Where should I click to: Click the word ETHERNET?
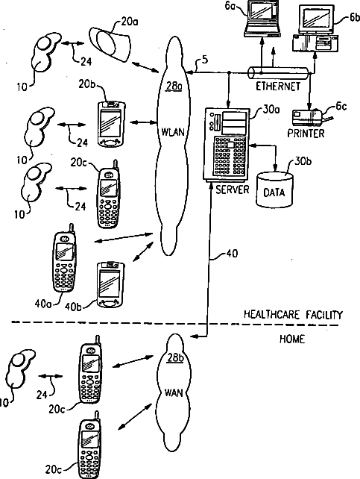coord(277,87)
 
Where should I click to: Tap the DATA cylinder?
coord(275,190)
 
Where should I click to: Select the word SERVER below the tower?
coord(232,190)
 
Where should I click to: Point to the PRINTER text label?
coord(306,134)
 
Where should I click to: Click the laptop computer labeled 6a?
coord(262,19)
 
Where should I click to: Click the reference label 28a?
coord(174,87)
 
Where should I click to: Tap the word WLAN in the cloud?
coord(173,132)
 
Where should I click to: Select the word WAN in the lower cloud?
coord(174,392)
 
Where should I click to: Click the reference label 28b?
coord(175,357)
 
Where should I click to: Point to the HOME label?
coord(292,339)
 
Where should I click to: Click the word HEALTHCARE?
coord(269,315)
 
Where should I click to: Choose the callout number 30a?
coord(271,110)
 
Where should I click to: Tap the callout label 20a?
coord(130,22)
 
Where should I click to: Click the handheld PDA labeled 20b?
coord(111,124)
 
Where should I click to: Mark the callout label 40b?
coord(73,306)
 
